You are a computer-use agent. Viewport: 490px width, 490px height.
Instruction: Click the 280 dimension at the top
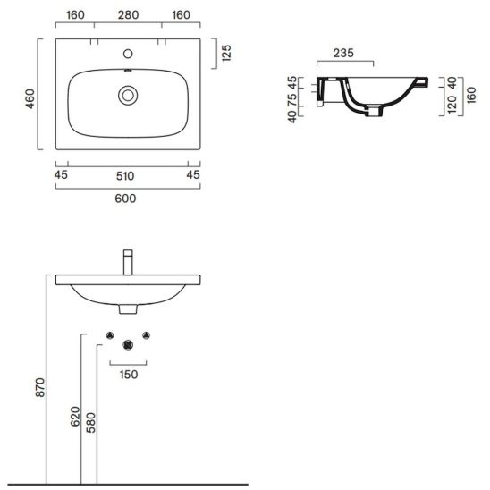(128, 14)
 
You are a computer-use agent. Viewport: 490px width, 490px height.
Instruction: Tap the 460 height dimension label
(30, 98)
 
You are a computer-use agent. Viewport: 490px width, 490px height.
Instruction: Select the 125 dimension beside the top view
(226, 53)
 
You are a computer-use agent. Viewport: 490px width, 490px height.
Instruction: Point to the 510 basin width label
(125, 176)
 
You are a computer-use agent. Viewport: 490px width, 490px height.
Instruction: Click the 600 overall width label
(125, 199)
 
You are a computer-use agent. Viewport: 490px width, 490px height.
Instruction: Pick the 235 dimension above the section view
(343, 53)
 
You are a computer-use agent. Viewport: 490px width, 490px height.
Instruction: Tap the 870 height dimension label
(40, 387)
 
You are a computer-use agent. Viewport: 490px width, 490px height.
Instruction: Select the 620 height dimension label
(75, 417)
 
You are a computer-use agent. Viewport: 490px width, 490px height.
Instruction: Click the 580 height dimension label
(91, 423)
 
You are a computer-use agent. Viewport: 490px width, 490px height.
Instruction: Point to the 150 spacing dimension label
(129, 375)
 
